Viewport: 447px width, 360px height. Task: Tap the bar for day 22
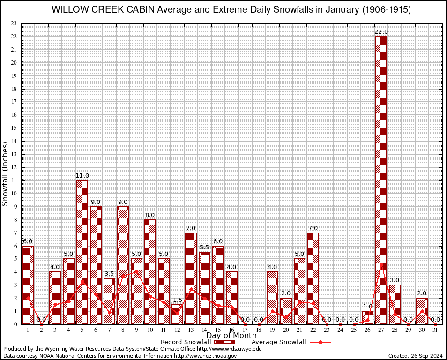coord(313,278)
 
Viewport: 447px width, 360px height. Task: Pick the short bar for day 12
coord(177,314)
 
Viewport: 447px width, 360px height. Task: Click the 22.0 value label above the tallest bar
coord(381,32)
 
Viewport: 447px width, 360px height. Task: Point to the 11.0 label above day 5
coord(82,176)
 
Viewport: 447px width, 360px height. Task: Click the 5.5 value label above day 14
coord(204,247)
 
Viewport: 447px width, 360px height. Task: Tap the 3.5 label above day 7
coord(109,274)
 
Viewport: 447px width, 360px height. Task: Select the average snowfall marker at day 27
coord(381,264)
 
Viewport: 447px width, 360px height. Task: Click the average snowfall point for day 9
coord(136,271)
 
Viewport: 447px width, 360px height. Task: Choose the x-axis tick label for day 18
coord(259,330)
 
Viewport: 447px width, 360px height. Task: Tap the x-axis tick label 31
coord(435,330)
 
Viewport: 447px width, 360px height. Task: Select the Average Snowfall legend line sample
coord(320,342)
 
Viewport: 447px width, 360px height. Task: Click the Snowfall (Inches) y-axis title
coord(6,174)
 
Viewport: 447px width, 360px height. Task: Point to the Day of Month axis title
coord(231,336)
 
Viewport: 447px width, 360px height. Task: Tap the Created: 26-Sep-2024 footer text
coord(416,356)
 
